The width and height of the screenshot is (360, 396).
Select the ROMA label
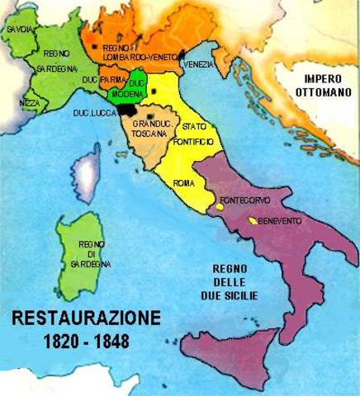(184, 182)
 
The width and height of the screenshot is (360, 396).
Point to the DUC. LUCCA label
(93, 111)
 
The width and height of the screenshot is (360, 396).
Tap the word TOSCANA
(151, 133)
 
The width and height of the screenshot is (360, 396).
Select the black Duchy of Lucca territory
(126, 109)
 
